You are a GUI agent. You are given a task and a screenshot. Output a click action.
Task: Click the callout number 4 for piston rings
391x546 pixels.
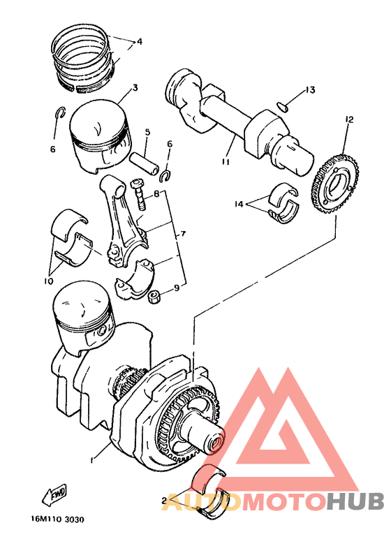(x=140, y=42)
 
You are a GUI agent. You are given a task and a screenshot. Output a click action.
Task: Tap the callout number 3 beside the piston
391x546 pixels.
(x=135, y=87)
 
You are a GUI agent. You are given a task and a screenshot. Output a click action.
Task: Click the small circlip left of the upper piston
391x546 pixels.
(x=61, y=112)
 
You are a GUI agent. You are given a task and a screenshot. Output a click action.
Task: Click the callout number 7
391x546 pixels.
(x=183, y=234)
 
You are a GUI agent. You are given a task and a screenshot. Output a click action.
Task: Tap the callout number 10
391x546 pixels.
(x=48, y=281)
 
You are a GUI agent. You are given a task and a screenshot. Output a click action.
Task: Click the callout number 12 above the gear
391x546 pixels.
(x=349, y=119)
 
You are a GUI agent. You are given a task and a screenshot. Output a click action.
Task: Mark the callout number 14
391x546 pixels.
(x=239, y=204)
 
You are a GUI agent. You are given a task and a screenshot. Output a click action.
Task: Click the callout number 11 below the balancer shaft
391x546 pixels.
(x=226, y=161)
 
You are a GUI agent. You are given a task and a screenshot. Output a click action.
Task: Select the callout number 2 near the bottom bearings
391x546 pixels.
(x=163, y=501)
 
